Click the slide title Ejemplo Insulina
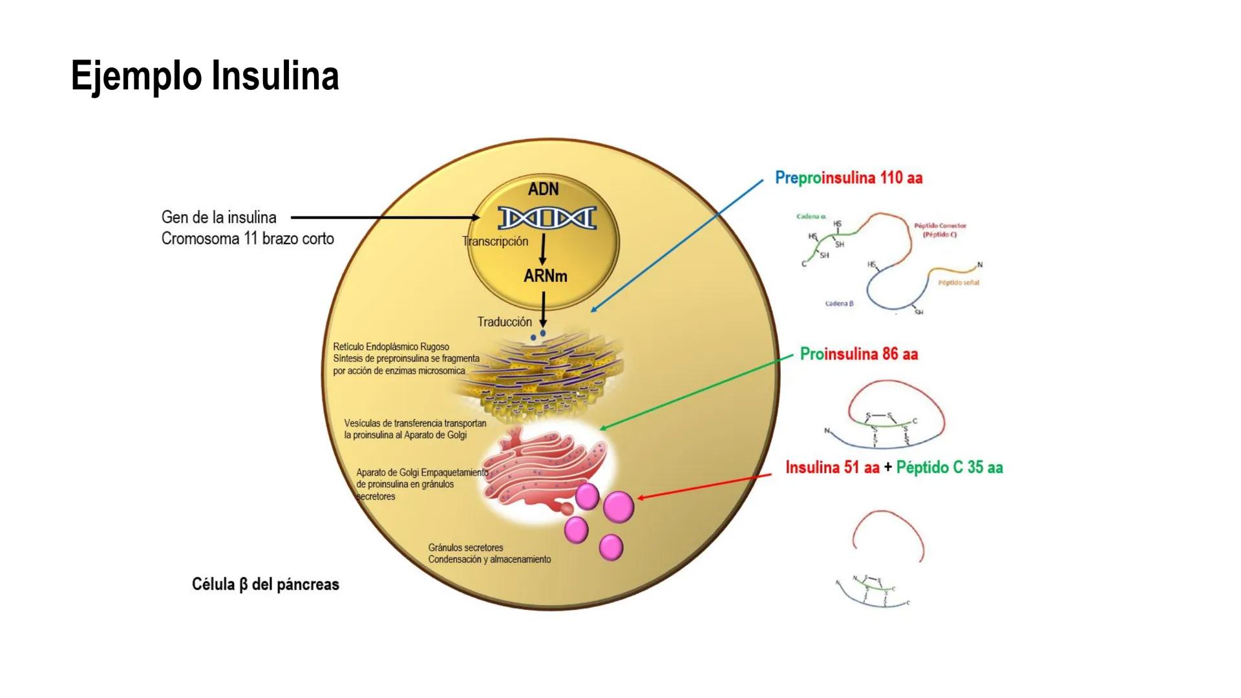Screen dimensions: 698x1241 coord(205,76)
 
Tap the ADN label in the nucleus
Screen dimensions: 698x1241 coord(543,189)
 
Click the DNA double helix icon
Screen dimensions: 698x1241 coord(547,218)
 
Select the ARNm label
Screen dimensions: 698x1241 coord(545,276)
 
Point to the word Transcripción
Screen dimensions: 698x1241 coord(495,241)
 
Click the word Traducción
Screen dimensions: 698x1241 coord(504,322)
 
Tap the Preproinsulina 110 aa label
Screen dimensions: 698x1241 coord(848,178)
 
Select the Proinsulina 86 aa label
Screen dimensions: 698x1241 coord(858,354)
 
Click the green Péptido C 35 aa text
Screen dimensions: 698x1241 coord(949,467)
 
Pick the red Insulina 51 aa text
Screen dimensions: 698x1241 coord(832,467)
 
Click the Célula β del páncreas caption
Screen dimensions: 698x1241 coord(265,584)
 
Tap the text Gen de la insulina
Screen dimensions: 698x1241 coord(218,217)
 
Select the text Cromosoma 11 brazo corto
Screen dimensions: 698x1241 coord(248,238)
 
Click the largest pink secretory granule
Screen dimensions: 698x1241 coord(618,507)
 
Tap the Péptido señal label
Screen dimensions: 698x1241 coord(959,282)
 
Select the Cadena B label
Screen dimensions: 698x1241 coord(839,303)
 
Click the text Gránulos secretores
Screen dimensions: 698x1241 coord(465,547)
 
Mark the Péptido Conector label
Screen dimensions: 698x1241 coord(940,226)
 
